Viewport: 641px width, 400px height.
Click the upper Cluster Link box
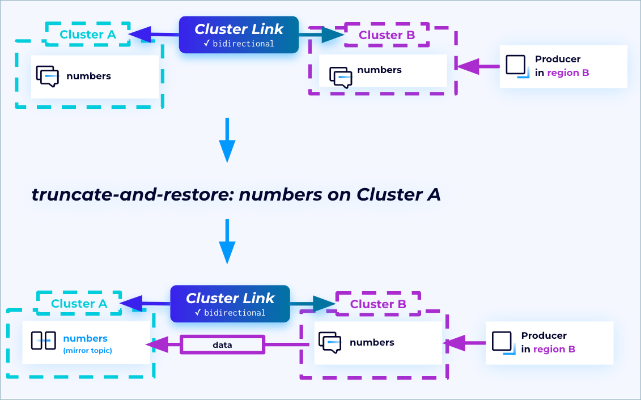pyautogui.click(x=239, y=35)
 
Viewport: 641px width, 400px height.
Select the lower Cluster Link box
pyautogui.click(x=230, y=304)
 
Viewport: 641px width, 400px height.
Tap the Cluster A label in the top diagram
pyautogui.click(x=88, y=35)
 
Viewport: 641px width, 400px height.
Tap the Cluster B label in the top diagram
pyautogui.click(x=387, y=35)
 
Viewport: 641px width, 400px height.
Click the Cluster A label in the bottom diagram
pyautogui.click(x=79, y=304)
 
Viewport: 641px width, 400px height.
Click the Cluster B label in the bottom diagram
pyautogui.click(x=378, y=304)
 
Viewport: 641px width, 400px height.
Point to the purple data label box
pyautogui.click(x=222, y=344)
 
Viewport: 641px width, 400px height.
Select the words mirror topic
pyautogui.click(x=87, y=351)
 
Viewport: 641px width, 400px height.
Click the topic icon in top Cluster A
pyautogui.click(x=47, y=76)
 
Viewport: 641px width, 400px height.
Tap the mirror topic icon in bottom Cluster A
pyautogui.click(x=43, y=341)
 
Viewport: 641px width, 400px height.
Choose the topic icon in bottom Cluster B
pyautogui.click(x=330, y=342)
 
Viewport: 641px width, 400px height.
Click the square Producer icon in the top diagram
pyautogui.click(x=516, y=66)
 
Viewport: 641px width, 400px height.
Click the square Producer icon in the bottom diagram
pyautogui.click(x=503, y=342)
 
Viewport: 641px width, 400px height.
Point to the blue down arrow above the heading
pyautogui.click(x=227, y=139)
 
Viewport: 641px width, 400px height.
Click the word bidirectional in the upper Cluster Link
pyautogui.click(x=243, y=44)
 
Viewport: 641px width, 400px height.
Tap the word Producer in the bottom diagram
pyautogui.click(x=544, y=335)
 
